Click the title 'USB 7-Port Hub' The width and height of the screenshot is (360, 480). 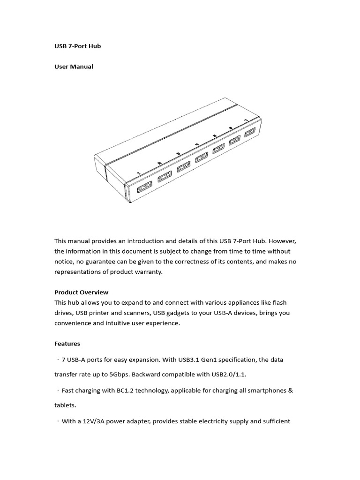click(77, 46)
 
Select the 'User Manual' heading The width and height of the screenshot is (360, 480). click(74, 67)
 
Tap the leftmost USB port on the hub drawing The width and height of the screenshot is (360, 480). click(144, 188)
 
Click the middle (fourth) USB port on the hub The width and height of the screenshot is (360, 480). click(202, 157)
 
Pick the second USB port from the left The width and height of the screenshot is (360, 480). click(165, 177)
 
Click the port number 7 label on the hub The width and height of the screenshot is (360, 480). click(245, 120)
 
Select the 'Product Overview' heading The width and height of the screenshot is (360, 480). click(81, 292)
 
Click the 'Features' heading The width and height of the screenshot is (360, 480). click(67, 344)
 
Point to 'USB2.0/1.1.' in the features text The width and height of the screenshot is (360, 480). click(229, 375)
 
